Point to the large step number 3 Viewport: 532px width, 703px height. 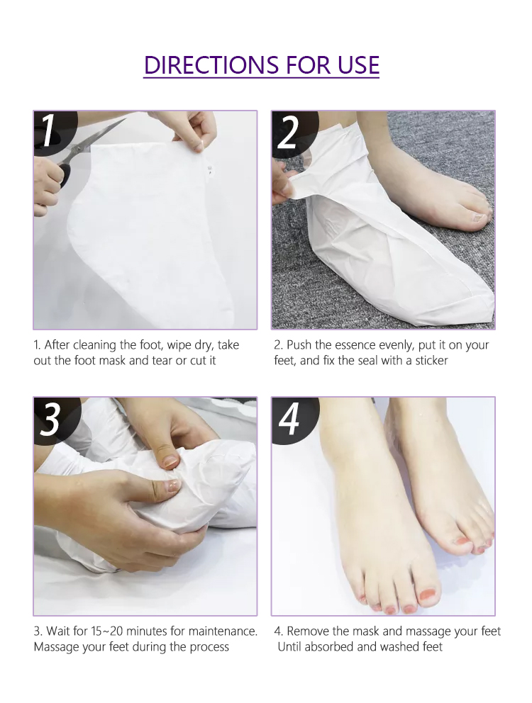coord(50,419)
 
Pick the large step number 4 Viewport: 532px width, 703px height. coord(289,419)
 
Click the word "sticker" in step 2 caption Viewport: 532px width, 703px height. coord(428,361)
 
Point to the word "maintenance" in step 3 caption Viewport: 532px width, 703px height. coord(222,631)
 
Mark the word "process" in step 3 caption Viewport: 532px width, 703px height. coord(208,646)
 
